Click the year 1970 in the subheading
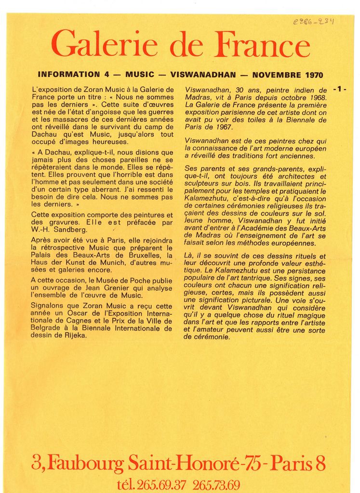tap(314, 75)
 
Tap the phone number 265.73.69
tap(216, 485)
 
